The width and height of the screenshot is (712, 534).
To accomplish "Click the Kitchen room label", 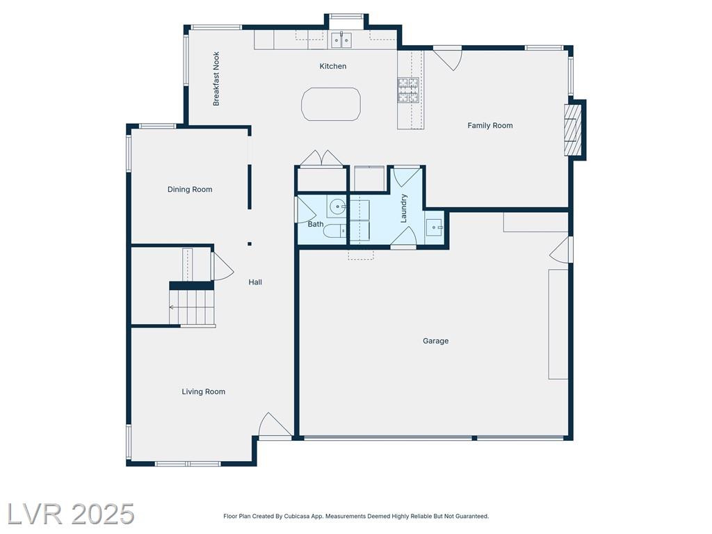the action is pos(333,66).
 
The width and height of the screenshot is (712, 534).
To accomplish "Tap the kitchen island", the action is pos(331,104).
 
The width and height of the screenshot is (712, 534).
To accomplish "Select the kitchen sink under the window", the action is pos(341,40).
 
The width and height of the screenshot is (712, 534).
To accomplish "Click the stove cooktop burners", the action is pos(407,90).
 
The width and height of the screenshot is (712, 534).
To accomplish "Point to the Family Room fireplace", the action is pos(573,130).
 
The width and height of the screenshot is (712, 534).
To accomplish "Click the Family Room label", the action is pos(490,125).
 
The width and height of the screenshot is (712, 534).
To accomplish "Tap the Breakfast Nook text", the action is pos(216,79).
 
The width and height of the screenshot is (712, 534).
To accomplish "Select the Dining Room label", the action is pos(190,189).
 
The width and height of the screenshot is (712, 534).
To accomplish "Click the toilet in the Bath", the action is pos(334,231).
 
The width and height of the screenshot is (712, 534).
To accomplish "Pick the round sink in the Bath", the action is pos(337,207).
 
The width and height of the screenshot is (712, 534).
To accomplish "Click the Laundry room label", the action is pos(403,209).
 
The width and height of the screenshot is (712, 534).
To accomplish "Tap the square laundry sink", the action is pos(434,227).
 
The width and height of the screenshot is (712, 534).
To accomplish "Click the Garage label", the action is pos(435,341).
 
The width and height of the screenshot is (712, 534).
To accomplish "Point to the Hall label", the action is pos(255,282).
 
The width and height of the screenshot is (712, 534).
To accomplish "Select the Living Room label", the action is pos(204,391).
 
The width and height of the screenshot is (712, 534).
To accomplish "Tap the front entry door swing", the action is pos(274,426).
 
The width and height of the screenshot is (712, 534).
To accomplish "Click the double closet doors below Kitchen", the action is pos(321,159).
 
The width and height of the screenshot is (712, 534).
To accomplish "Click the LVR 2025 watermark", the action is pos(70,515).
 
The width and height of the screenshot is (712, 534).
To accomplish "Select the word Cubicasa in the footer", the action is pos(296,517).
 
